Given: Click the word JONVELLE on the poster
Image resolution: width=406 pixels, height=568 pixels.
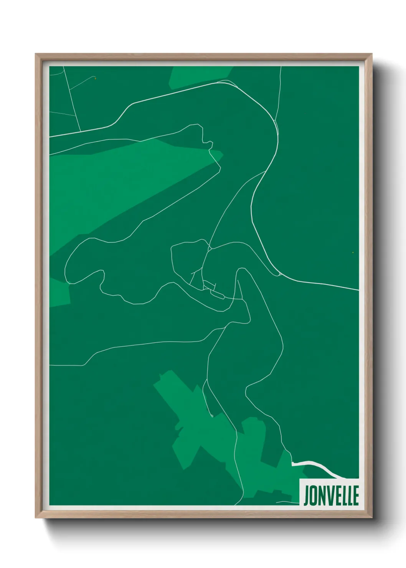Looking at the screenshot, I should click(331, 495).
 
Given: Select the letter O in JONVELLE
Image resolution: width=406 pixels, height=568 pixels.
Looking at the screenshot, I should click(314, 495).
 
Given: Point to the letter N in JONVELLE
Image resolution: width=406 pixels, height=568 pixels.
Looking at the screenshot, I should click(322, 495).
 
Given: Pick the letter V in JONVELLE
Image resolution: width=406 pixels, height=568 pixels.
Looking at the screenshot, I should click(329, 495).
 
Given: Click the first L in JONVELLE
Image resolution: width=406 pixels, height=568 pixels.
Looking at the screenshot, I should click(343, 495).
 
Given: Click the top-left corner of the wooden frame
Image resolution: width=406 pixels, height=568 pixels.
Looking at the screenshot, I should click(36, 54).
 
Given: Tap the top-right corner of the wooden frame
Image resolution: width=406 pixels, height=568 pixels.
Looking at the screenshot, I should click(371, 54).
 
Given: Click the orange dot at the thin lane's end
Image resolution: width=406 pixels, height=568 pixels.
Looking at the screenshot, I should click(96, 78).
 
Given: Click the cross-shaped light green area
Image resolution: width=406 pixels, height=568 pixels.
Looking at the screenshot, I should click(192, 422).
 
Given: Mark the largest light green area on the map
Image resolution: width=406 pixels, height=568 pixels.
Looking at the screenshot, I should click(115, 184).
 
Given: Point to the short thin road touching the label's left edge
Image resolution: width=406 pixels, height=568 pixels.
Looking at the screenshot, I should click(288, 502).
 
